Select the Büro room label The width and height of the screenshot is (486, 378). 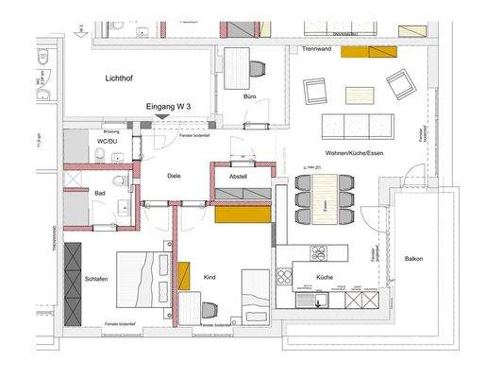point(250,96)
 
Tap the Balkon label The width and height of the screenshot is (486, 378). point(413,259)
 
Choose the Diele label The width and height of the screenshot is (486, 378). point(173,176)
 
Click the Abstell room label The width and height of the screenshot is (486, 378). point(238,176)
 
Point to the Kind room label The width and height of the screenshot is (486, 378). point(209,276)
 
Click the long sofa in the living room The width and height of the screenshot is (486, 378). point(357,125)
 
